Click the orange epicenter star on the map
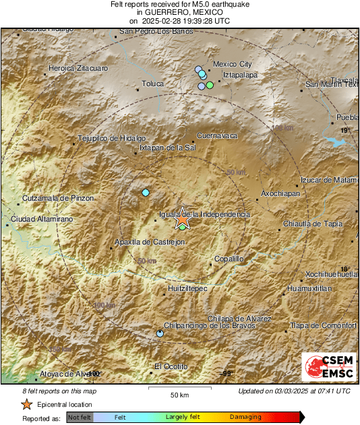tap(183, 219)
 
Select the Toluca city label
tap(152, 84)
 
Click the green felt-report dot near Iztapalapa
tap(210, 85)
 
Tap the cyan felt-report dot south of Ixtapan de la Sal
tap(146, 193)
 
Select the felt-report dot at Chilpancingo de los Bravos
tap(160, 333)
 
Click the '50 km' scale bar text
tap(178, 394)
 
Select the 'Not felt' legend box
tap(80, 417)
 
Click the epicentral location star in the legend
tap(26, 405)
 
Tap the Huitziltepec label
tap(188, 288)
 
